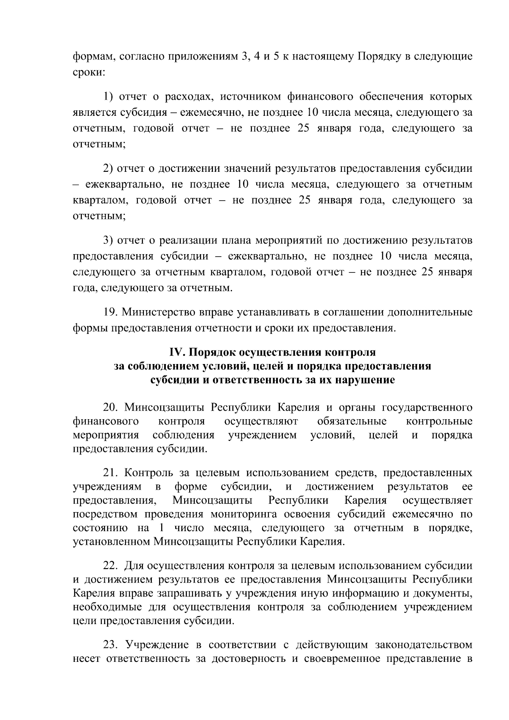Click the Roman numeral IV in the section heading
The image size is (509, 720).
pyautogui.click(x=176, y=353)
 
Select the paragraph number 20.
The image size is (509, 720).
pyautogui.click(x=112, y=408)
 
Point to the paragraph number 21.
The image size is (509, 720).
pyautogui.click(x=112, y=472)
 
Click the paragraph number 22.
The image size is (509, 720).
pyautogui.click(x=112, y=566)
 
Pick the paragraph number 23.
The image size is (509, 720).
pyautogui.click(x=112, y=645)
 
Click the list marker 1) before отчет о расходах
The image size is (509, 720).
pyautogui.click(x=108, y=97)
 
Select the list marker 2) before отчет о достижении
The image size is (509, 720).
pyautogui.click(x=108, y=169)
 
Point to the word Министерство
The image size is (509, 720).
pyautogui.click(x=159, y=313)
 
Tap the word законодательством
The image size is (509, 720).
pyautogui.click(x=424, y=645)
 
